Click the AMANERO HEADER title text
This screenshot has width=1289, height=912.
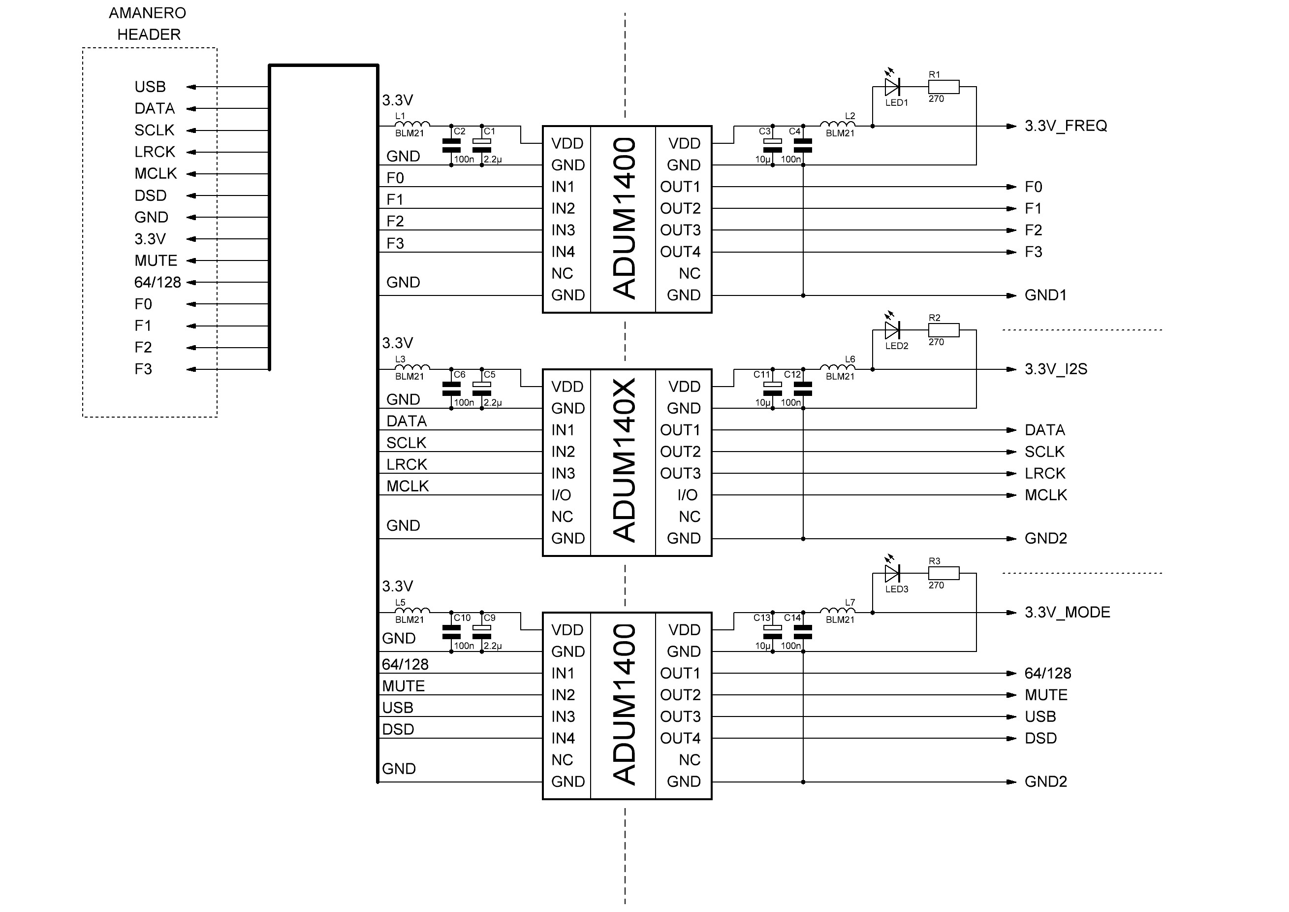(x=148, y=24)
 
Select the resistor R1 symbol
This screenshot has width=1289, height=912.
(x=943, y=87)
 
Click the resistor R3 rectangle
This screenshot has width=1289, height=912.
(x=943, y=573)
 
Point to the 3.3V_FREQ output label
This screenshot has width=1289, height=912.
(x=1066, y=126)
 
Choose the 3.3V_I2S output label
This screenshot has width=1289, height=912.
(x=1055, y=369)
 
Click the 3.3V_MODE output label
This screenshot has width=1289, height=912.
(x=1067, y=612)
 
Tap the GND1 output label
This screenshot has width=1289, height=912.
(x=1045, y=295)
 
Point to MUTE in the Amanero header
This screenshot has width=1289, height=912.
(x=156, y=261)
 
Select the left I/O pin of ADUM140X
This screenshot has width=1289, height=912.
(x=561, y=495)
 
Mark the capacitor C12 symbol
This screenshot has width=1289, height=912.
(x=803, y=389)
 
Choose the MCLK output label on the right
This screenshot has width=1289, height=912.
(x=1045, y=495)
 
